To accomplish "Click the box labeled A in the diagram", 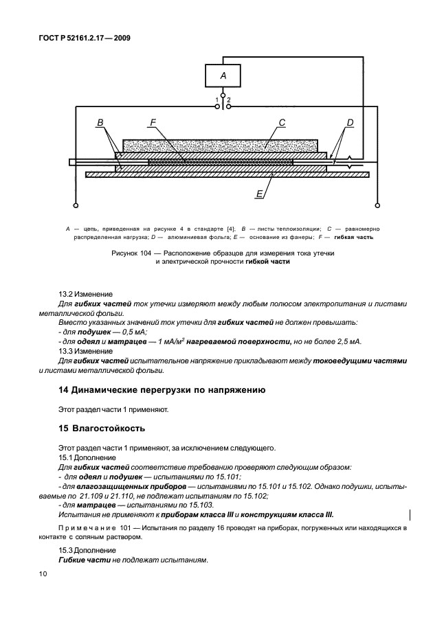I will point(223,76).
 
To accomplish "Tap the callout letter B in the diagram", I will point(100,123).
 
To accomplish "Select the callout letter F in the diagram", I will point(153,123).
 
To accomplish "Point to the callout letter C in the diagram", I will point(282,123).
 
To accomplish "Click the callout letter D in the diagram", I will point(350,123).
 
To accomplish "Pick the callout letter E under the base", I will point(259,194).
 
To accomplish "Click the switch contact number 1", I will point(217,100).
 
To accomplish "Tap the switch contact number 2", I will point(229,100).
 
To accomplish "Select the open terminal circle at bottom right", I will point(376,205).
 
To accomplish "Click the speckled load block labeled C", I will point(220,146).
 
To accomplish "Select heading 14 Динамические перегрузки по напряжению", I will point(162,389).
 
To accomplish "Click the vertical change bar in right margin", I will point(410,514).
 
